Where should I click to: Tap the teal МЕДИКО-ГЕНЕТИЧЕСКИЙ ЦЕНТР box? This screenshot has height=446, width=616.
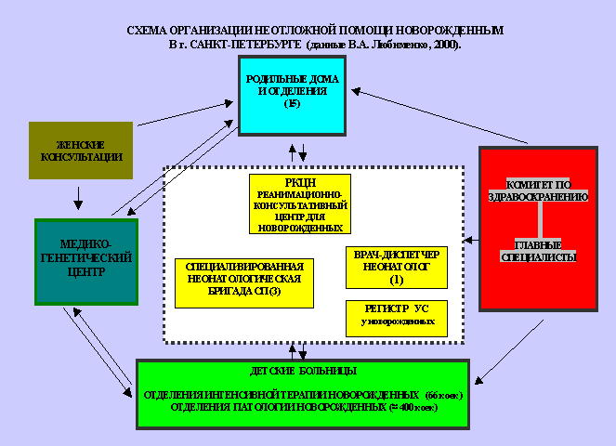[x=85, y=261]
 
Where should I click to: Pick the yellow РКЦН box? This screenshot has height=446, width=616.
[x=299, y=203]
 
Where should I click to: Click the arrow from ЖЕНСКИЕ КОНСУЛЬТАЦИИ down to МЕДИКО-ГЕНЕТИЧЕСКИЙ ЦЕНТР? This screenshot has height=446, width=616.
[x=79, y=198]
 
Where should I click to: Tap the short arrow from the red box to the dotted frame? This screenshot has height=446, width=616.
[x=471, y=240]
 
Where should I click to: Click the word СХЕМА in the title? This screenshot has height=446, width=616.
[x=148, y=31]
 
